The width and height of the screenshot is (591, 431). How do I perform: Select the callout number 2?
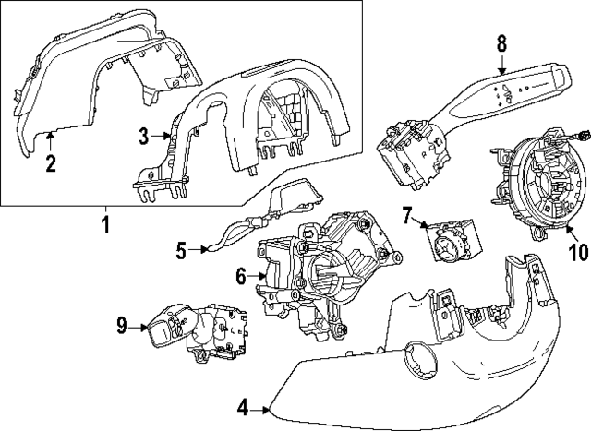pos(52,164)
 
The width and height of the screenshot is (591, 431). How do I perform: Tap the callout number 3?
pos(144,137)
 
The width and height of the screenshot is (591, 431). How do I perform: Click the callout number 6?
pos(241,275)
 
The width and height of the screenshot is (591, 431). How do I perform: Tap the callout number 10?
pos(577,252)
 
